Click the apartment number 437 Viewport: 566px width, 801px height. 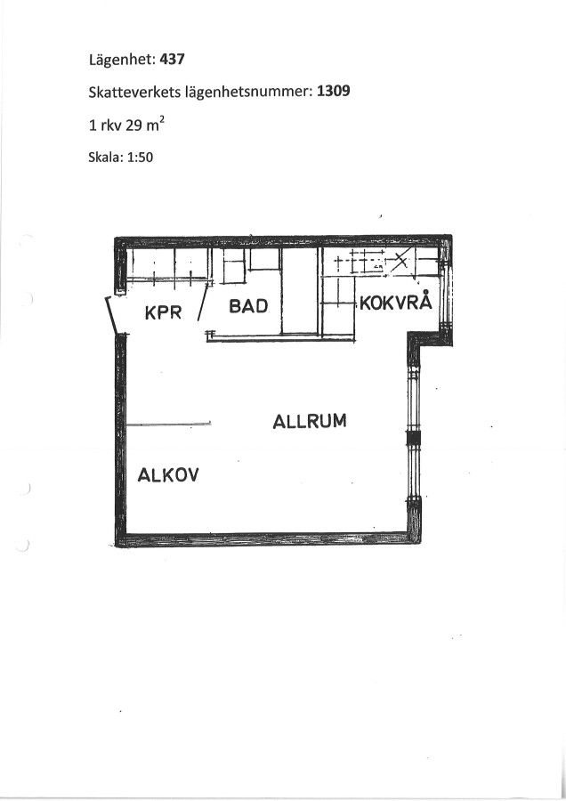pyautogui.click(x=172, y=60)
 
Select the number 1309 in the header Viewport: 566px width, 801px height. pyautogui.click(x=334, y=91)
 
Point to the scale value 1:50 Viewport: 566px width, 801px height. pyautogui.click(x=140, y=157)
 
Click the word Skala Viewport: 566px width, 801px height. pyautogui.click(x=106, y=157)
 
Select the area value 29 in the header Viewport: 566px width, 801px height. pyautogui.click(x=133, y=125)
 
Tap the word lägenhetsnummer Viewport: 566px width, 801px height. pyautogui.click(x=249, y=93)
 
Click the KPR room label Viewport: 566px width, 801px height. pyautogui.click(x=164, y=312)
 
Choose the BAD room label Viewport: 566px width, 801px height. pyautogui.click(x=249, y=306)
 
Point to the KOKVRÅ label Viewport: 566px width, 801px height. pyautogui.click(x=396, y=302)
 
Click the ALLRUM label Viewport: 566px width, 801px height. pyautogui.click(x=310, y=422)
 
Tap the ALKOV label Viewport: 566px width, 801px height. pyautogui.click(x=168, y=475)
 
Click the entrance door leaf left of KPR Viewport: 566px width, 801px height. pyautogui.click(x=112, y=316)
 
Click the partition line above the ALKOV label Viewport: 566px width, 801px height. pyautogui.click(x=168, y=424)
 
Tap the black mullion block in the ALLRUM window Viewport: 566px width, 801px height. pyautogui.click(x=412, y=438)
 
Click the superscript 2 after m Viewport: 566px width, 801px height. pyautogui.click(x=161, y=120)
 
